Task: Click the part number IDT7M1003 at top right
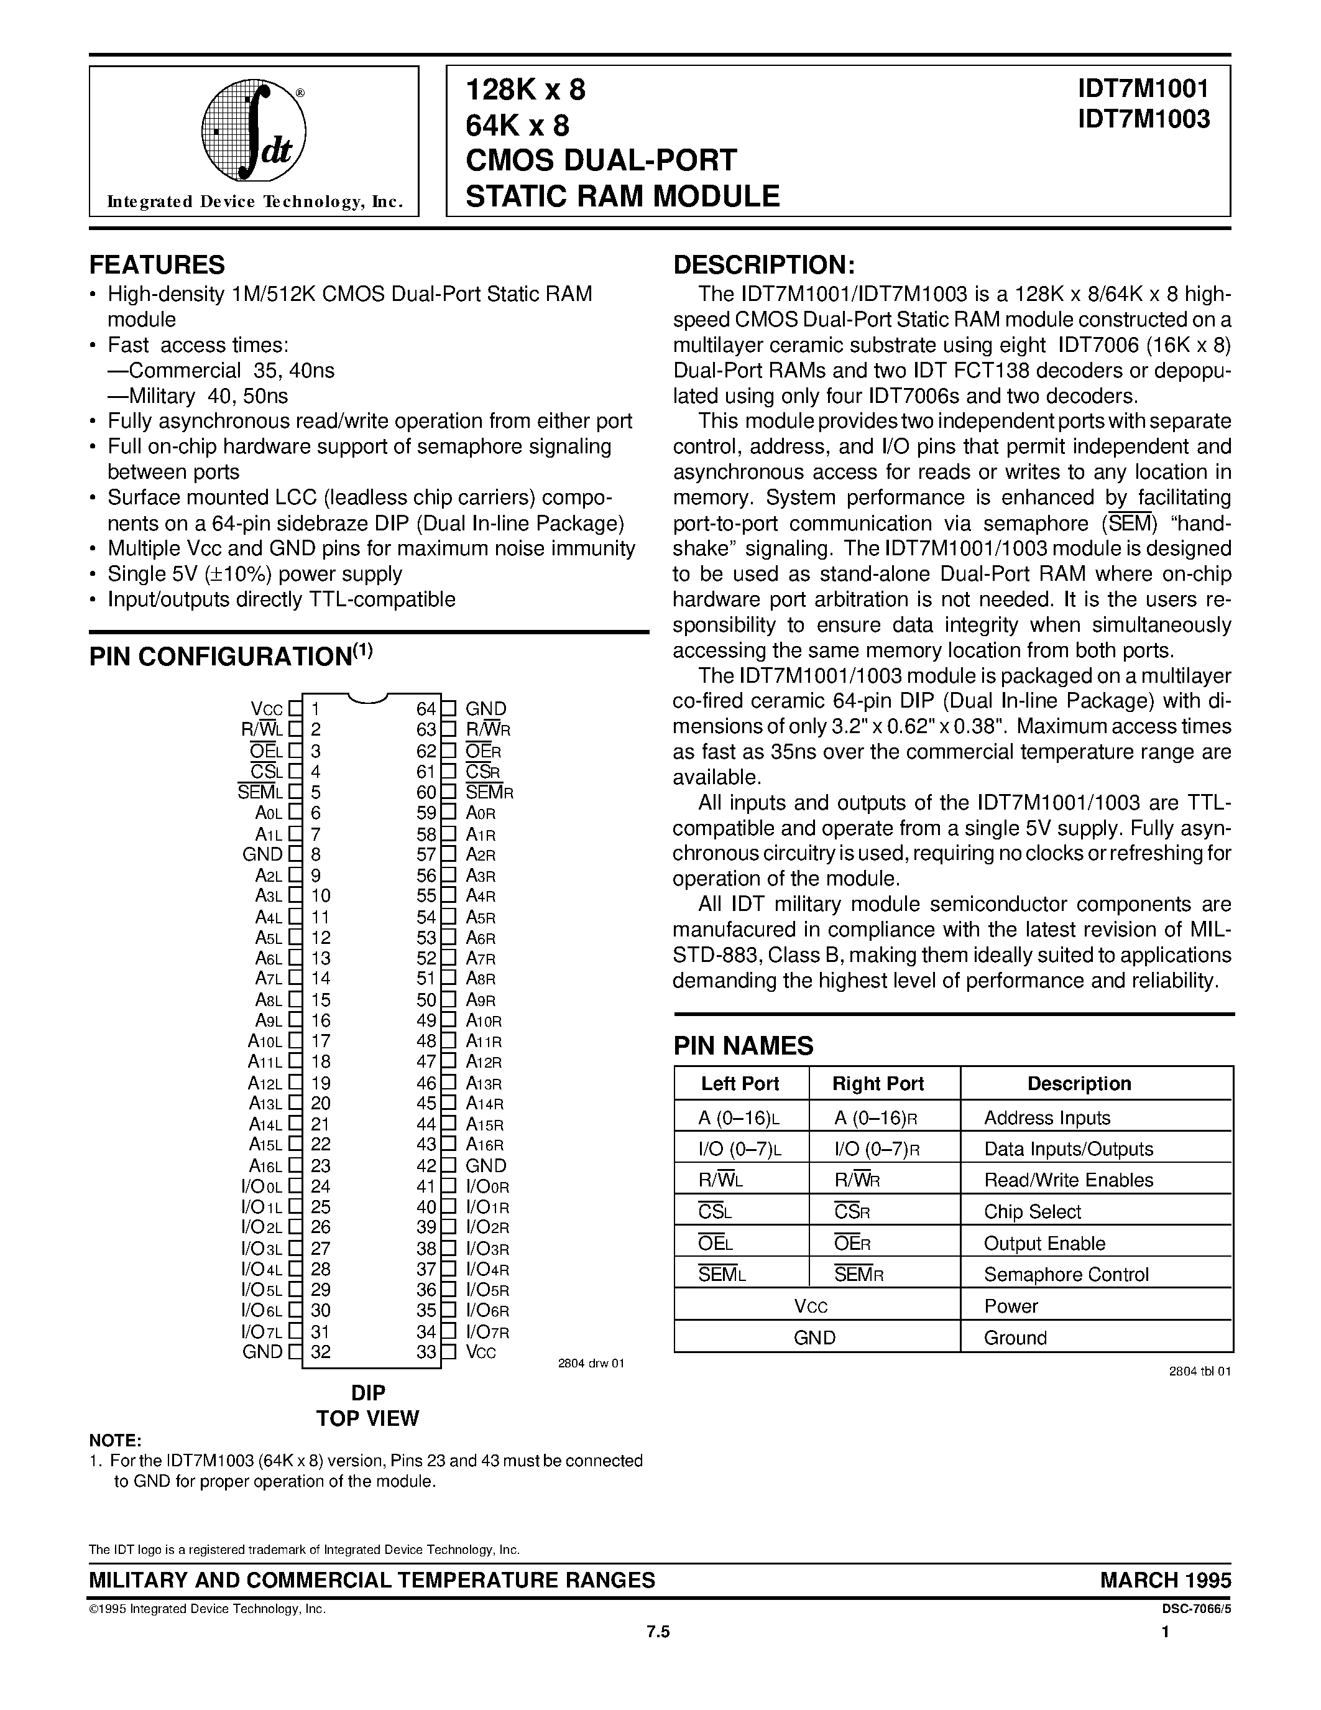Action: point(1143,119)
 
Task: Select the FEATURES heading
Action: point(157,265)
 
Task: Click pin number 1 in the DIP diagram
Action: point(315,709)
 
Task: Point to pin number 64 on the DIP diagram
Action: point(426,709)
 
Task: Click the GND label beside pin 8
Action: point(262,854)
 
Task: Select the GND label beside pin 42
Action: point(486,1166)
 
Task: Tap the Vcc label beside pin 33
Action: point(481,1352)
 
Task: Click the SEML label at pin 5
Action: point(259,792)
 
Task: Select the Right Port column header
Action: point(877,1084)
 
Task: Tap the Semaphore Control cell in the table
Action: point(1066,1275)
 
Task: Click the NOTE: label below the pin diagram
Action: point(115,1441)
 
